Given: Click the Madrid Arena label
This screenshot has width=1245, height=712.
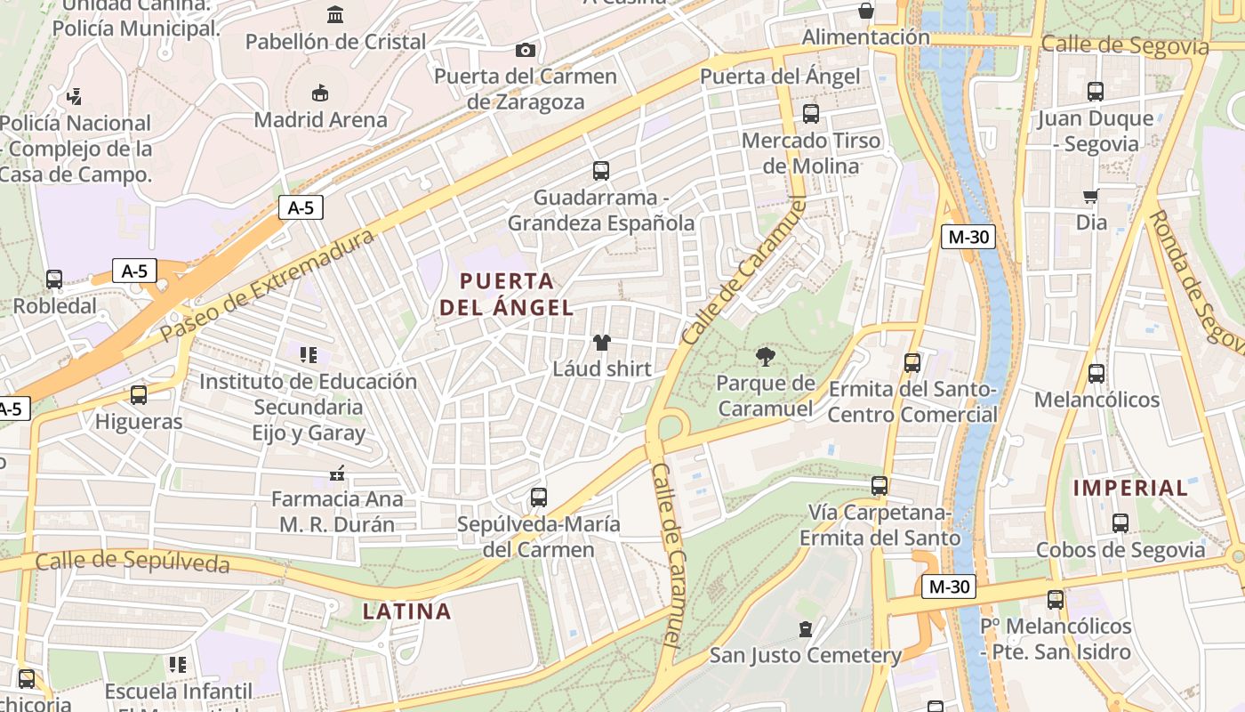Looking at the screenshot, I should (x=321, y=119).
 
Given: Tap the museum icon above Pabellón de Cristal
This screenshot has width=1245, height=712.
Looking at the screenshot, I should (x=336, y=14).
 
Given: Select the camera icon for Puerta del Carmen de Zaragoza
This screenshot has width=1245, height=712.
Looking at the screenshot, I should (x=526, y=50).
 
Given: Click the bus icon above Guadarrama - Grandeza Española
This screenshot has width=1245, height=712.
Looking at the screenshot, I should (x=601, y=171).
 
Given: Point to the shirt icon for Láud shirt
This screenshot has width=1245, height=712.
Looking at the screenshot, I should (x=602, y=343).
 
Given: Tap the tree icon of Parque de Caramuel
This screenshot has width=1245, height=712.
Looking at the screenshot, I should (x=764, y=358).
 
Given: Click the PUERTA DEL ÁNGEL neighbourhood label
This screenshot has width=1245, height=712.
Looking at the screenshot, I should (x=506, y=295).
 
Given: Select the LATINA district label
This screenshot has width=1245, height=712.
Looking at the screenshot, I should (x=407, y=611).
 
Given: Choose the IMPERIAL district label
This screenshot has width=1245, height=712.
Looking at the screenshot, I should (x=1130, y=488).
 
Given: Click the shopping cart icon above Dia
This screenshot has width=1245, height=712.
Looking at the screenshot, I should (x=1091, y=196).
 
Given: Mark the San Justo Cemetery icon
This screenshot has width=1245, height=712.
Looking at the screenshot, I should (x=806, y=629).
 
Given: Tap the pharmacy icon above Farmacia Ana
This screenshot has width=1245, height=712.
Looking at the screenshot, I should (x=336, y=473).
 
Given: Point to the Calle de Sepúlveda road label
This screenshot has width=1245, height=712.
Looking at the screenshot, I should (x=133, y=562).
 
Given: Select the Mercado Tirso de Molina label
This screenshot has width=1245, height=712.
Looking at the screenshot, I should (x=811, y=153).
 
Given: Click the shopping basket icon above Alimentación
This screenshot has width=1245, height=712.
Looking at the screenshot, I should (x=865, y=11).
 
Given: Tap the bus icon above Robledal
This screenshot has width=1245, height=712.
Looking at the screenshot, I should (x=54, y=279).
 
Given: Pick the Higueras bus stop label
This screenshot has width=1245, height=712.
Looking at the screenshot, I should (x=139, y=421).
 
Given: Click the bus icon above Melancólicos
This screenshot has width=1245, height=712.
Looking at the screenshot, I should (x=1096, y=374).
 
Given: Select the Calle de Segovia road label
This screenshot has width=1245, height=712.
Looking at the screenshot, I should (x=1125, y=45).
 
